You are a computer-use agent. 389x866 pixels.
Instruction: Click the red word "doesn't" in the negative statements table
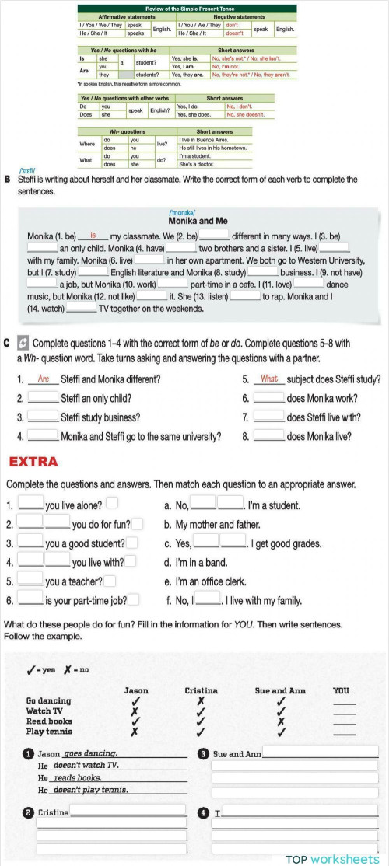234,33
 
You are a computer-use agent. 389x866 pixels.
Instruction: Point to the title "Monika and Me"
194,220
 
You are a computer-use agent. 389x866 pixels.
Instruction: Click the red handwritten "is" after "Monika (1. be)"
93,235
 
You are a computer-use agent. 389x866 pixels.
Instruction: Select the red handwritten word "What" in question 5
268,379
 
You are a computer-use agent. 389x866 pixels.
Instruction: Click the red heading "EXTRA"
33,462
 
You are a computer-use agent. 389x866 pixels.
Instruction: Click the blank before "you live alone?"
31,505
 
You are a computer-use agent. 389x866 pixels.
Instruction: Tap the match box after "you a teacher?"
110,580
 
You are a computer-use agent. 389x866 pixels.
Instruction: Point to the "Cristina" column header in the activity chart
201,690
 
